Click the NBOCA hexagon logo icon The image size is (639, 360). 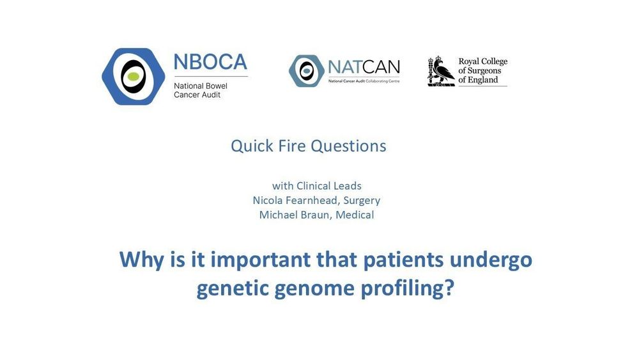point(134,77)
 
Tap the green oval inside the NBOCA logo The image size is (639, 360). point(134,77)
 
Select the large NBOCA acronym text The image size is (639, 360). point(210,62)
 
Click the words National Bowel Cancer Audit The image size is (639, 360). point(201,90)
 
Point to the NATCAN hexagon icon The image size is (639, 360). point(307,71)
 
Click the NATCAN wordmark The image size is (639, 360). point(364,67)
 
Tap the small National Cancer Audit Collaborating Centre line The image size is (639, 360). point(364,81)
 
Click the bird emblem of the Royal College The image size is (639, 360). point(441,72)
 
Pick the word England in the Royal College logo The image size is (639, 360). point(483,80)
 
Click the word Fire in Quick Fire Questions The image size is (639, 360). point(289,146)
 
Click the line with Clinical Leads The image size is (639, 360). point(317,186)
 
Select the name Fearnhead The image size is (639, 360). point(313,201)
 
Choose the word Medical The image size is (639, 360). point(355,215)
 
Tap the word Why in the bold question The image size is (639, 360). point(141,260)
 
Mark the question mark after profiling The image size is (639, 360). point(449,288)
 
